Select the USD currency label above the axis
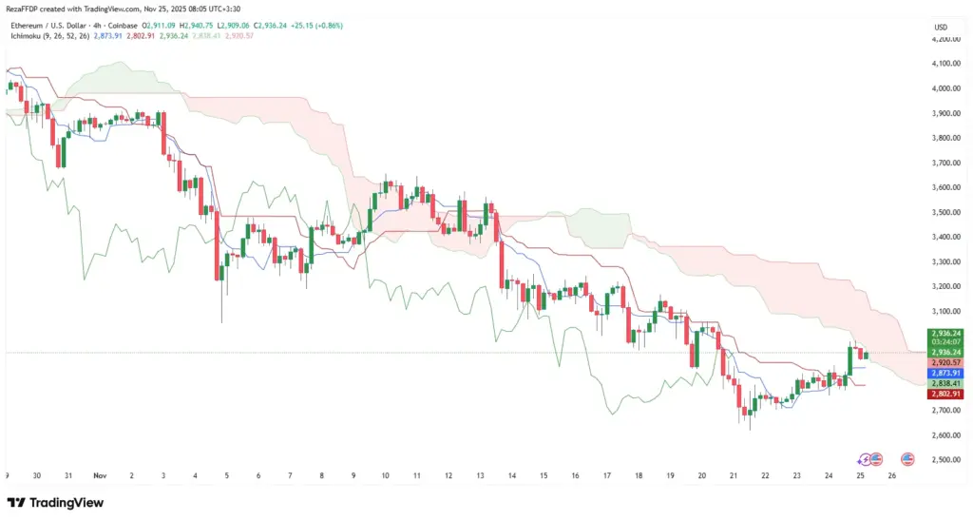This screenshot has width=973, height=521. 941,27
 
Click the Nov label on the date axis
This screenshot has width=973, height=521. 101,474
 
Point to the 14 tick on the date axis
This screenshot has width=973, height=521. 512,474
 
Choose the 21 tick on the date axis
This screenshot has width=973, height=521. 734,474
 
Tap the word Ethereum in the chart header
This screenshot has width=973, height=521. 30,25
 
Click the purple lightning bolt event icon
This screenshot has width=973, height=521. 864,459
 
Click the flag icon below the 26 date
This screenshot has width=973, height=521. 907,459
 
